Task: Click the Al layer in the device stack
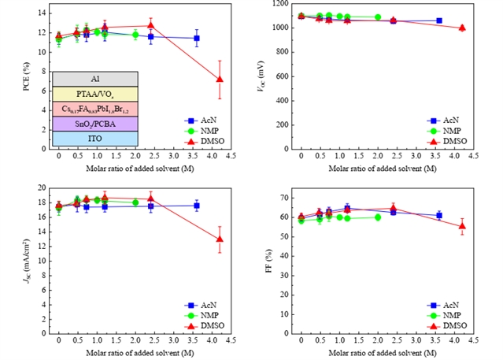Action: point(94,79)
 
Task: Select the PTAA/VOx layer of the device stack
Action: point(94,94)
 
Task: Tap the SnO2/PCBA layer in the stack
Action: point(94,124)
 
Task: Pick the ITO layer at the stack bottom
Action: point(94,139)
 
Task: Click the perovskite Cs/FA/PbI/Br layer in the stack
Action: point(94,109)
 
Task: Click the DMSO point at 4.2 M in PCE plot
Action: point(220,80)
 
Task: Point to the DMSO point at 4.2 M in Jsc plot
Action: point(220,239)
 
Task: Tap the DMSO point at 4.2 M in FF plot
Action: point(462,226)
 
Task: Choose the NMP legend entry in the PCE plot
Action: point(200,130)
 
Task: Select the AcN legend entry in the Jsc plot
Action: point(200,304)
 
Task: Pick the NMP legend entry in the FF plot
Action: point(445,314)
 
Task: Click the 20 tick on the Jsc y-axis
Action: point(37,187)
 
